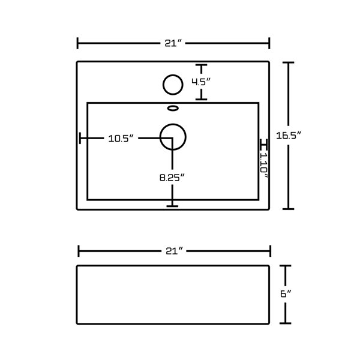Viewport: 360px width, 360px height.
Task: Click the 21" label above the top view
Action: coord(173,43)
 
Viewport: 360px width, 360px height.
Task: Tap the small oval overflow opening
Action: coord(173,109)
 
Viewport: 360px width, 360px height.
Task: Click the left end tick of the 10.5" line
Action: coord(80,139)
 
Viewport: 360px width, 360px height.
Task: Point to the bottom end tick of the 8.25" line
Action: coord(173,206)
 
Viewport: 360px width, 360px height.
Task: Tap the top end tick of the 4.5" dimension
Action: coord(201,65)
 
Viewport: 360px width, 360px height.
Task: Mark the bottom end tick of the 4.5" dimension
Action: coord(201,100)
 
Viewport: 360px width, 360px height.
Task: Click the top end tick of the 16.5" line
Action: coord(290,62)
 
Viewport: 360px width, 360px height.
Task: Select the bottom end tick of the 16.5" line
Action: coord(290,209)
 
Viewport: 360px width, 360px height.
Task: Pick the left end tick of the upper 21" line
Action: coord(77,43)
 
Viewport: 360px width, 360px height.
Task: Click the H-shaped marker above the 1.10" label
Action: coord(263,145)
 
